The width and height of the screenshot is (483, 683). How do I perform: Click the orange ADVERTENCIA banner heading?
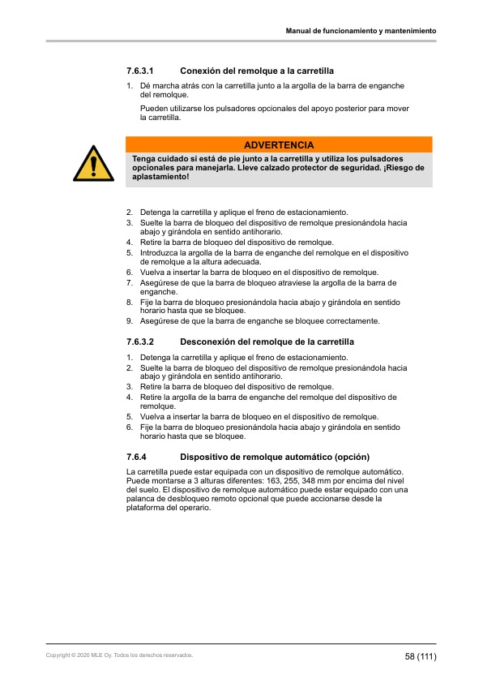tap(279, 144)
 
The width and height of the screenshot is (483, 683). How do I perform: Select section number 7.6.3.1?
tap(140, 71)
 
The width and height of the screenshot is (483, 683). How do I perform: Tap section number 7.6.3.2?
tap(140, 342)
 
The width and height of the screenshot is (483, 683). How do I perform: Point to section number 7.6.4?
tap(135, 457)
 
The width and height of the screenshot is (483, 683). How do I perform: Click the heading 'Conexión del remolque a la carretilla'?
tap(257, 71)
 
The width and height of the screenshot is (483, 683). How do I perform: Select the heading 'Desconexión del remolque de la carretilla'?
tap(267, 342)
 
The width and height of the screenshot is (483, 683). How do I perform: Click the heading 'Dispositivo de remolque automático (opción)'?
tap(274, 457)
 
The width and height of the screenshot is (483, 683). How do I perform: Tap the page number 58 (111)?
tap(421, 656)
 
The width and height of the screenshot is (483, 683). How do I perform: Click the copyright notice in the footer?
tap(120, 655)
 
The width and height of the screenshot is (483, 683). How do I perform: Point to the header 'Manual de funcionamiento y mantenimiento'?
tap(361, 31)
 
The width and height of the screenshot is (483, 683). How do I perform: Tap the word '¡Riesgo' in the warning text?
tap(401, 167)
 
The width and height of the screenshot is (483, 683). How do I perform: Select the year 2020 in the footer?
tap(79, 655)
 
